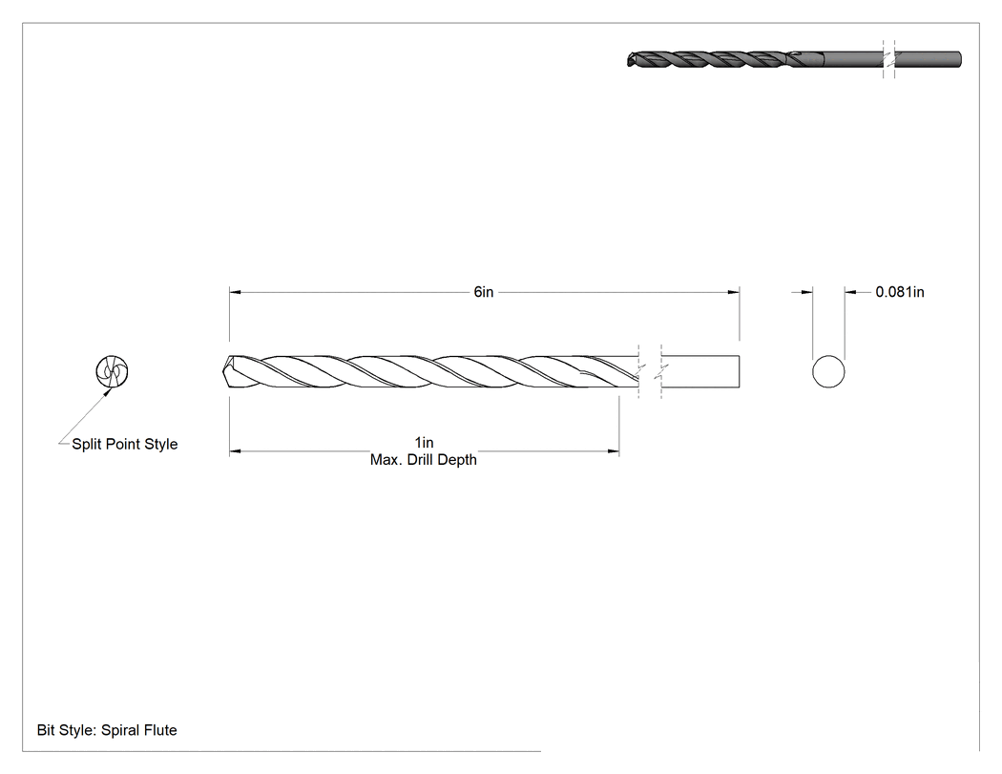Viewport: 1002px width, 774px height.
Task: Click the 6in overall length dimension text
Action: [484, 292]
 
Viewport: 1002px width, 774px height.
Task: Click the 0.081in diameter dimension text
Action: [900, 292]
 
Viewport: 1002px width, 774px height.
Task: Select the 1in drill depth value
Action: [424, 442]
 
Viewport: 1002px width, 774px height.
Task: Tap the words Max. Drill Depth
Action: [424, 460]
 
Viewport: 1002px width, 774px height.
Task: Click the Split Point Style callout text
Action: [125, 444]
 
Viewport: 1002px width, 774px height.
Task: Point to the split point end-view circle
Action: [112, 371]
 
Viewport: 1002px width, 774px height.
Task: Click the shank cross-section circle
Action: [828, 371]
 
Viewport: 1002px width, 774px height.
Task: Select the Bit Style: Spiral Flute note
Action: [107, 730]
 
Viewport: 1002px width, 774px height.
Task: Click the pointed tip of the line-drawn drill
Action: [223, 371]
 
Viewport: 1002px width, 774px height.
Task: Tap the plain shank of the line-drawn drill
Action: [700, 371]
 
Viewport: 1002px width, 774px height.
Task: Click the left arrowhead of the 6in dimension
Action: [235, 292]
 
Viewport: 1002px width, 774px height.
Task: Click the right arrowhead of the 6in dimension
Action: [734, 292]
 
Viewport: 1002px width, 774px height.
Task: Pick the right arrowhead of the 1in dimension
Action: [614, 451]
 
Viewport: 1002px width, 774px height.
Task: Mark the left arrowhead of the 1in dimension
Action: [235, 451]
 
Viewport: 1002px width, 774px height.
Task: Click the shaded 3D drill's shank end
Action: [959, 59]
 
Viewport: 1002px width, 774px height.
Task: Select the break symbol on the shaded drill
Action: [888, 59]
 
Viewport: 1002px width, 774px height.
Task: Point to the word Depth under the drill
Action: [458, 460]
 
